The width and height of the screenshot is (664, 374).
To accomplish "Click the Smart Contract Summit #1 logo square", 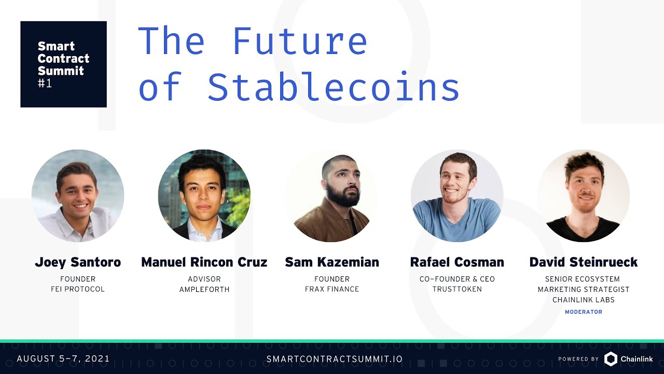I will point(63,64).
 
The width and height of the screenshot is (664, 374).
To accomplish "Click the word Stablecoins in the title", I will point(334,87).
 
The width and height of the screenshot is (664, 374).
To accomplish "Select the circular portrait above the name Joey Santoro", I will point(78,196).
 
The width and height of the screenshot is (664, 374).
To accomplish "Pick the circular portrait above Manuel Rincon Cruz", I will point(204,196).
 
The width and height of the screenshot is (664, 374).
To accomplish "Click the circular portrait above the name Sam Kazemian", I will point(331,196).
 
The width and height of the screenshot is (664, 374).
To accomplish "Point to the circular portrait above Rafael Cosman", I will point(457,196).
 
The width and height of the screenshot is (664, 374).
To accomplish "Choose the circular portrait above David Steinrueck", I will point(584,196).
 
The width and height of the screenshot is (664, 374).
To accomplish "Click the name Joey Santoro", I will point(78,262).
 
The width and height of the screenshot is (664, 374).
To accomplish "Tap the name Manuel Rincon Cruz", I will point(204,262).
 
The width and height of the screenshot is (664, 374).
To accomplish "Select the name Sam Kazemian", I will point(332,262).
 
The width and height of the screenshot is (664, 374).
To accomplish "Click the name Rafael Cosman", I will point(457,262).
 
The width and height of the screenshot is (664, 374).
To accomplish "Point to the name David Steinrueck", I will point(584,262).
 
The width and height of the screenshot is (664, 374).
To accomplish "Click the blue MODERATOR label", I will point(584,312).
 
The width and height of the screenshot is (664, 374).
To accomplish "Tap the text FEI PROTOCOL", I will point(78,289).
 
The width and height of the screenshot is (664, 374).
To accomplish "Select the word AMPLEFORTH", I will point(204,289).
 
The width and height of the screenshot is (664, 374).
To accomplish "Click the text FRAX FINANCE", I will point(332,289).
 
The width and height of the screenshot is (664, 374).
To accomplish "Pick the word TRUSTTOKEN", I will point(457,289).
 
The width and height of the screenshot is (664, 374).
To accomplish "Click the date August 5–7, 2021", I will point(63,358).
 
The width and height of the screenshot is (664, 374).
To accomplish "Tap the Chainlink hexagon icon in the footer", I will point(611,358).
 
